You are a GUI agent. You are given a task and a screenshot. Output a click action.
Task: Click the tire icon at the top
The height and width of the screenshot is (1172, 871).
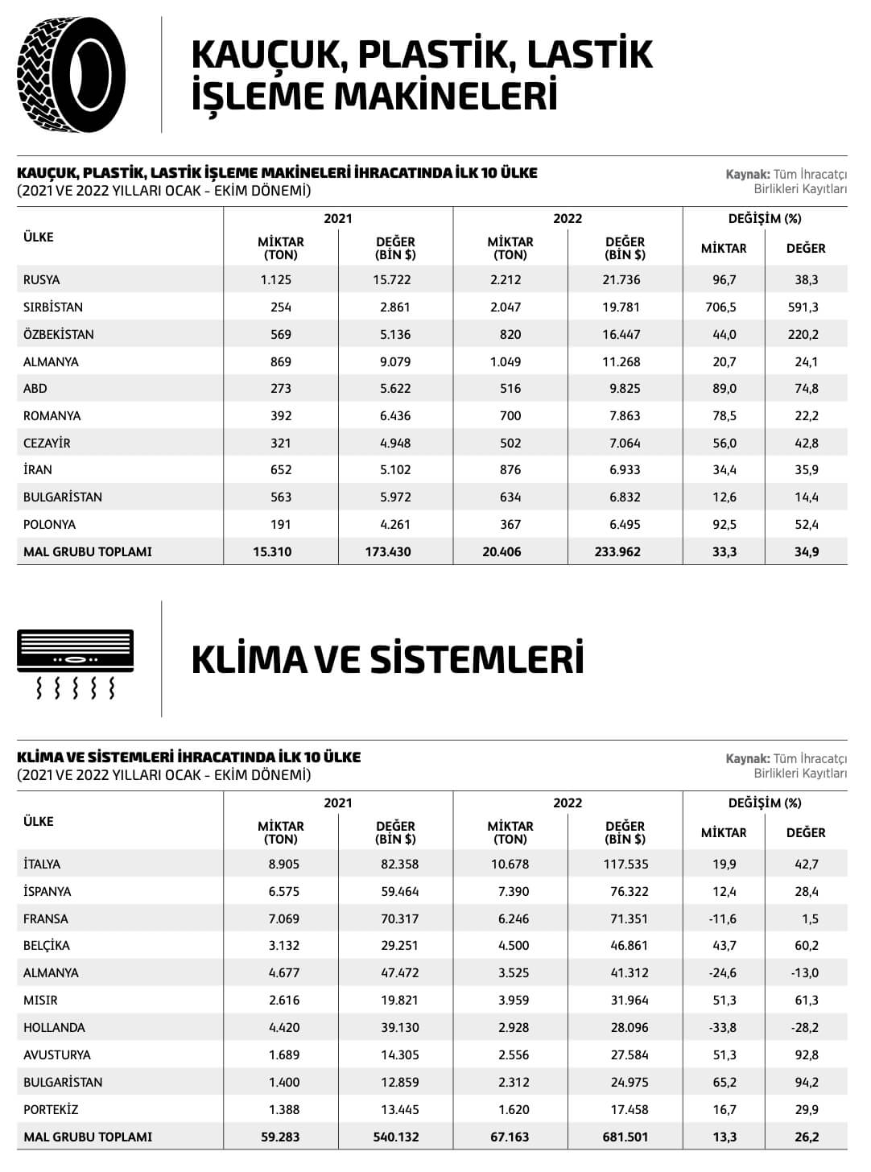(71, 75)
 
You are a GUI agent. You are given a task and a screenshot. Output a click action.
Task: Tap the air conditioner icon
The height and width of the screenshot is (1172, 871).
(76, 662)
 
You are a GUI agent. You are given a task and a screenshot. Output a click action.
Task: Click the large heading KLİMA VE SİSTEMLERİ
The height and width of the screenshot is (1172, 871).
(387, 659)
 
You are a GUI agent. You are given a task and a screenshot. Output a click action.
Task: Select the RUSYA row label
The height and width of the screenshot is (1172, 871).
(42, 280)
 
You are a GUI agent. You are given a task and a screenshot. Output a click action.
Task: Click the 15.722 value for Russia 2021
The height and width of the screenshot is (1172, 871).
(395, 280)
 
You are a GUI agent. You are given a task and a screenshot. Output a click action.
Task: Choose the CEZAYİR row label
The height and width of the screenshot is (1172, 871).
(47, 444)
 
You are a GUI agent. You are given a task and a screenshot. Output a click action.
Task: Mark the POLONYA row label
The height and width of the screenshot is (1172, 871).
(49, 525)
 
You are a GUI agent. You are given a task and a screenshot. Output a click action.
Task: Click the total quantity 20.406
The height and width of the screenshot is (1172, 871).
(502, 552)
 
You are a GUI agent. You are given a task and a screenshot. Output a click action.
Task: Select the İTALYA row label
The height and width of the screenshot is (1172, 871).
(42, 865)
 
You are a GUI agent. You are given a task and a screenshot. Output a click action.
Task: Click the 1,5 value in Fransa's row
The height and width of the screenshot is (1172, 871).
(810, 919)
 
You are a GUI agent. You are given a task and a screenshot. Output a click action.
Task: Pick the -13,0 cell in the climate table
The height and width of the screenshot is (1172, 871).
(804, 973)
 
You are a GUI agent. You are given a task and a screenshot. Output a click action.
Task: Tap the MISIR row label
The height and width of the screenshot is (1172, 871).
(40, 1001)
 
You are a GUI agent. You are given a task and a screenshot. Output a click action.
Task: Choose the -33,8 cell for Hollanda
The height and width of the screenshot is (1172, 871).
(723, 1028)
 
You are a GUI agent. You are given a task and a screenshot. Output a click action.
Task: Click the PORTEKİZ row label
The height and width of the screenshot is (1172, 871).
(51, 1110)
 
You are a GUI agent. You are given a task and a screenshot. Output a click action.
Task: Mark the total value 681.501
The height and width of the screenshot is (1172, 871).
(625, 1137)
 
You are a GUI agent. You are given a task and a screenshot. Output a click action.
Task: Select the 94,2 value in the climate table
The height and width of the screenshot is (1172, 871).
(806, 1083)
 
